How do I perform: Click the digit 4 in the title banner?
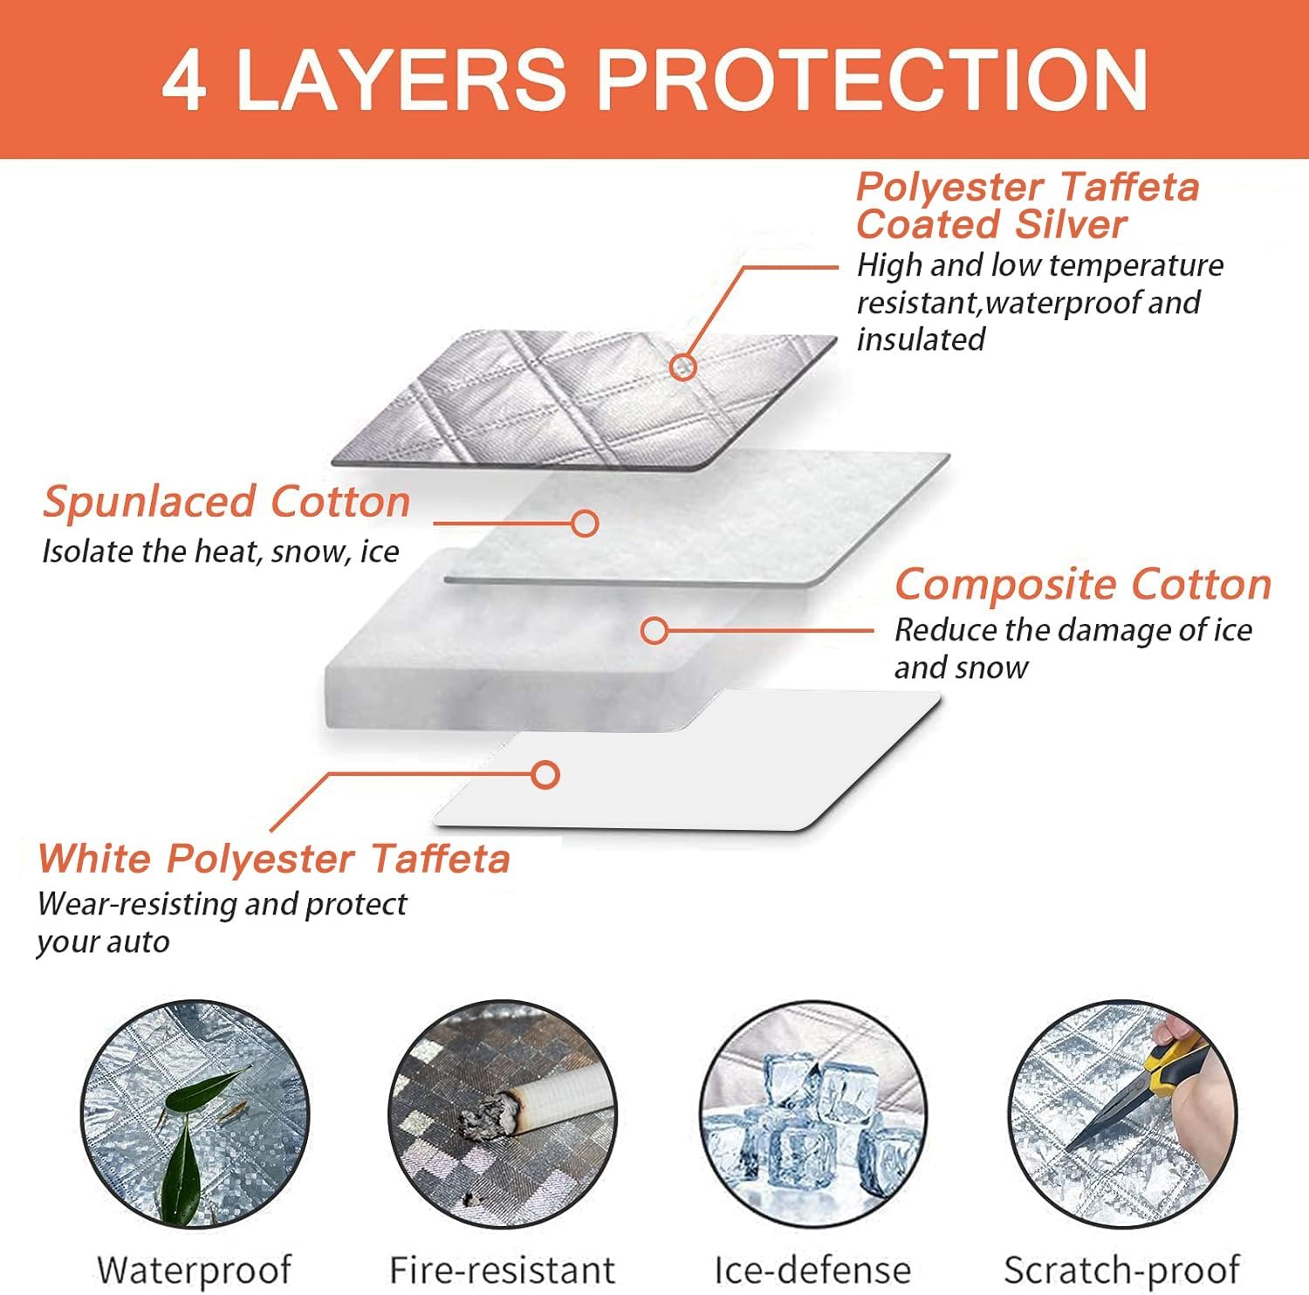point(184,79)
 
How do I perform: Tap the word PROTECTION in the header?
point(871,79)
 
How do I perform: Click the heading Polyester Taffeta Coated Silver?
point(1028,205)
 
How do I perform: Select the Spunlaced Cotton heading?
point(227,502)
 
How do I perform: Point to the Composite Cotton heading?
point(1083,584)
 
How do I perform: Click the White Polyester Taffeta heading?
point(274,858)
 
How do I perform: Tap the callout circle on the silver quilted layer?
point(684,367)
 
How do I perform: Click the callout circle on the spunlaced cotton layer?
point(585,524)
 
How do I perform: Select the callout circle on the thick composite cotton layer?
point(654,630)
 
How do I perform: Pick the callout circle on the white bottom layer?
point(546,774)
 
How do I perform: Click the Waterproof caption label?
point(194,1270)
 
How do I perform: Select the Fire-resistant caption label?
point(503,1270)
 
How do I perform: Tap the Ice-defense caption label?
point(812,1270)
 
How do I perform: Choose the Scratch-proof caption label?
point(1122,1271)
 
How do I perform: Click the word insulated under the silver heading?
point(921,339)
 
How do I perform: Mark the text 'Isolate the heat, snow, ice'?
point(221,552)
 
